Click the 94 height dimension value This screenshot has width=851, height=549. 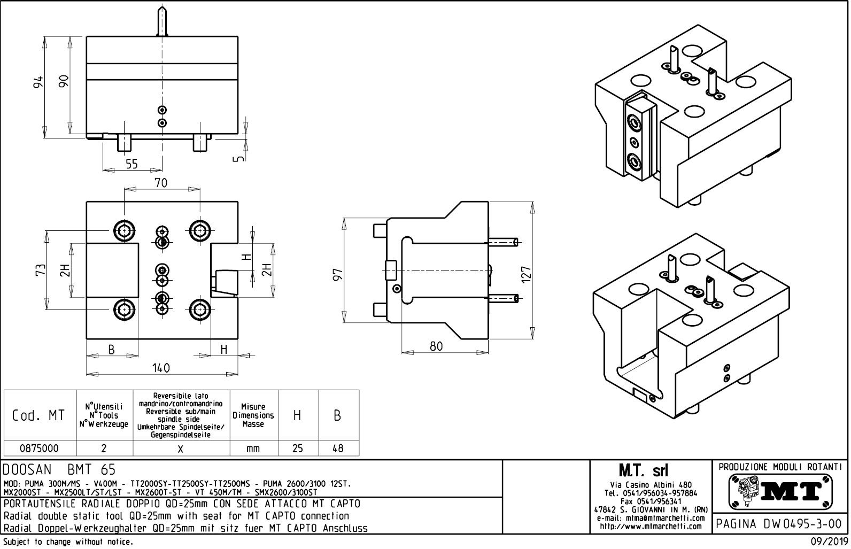(37, 83)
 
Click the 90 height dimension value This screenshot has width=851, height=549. (63, 81)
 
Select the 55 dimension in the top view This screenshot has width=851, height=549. (131, 165)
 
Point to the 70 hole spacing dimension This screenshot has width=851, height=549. (161, 183)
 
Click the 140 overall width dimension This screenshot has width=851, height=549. (160, 368)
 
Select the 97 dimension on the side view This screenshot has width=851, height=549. (338, 274)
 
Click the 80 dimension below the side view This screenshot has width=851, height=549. (436, 346)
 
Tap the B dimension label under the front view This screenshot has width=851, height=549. (112, 350)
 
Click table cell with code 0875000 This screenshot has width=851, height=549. (40, 448)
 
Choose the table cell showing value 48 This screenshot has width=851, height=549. (338, 448)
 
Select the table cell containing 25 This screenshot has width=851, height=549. (298, 448)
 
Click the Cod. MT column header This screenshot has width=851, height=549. (39, 415)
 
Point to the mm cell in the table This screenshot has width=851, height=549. (253, 448)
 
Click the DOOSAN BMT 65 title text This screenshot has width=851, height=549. (59, 470)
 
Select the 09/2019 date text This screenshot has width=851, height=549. (827, 542)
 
